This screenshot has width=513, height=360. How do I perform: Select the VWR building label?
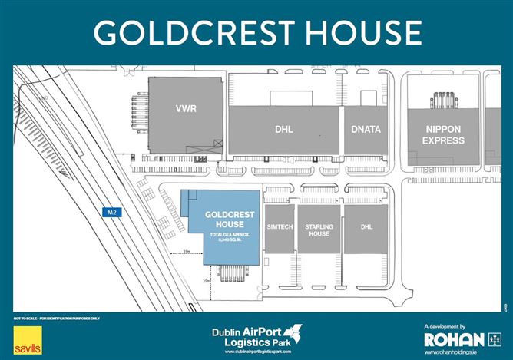click(186, 108)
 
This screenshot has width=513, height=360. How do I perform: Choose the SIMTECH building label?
click(279, 229)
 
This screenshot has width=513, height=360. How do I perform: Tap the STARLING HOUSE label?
click(317, 229)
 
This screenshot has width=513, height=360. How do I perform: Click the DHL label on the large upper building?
click(284, 130)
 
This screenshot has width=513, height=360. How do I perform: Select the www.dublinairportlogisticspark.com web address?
click(256, 352)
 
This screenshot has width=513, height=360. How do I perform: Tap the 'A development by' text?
click(445, 326)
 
